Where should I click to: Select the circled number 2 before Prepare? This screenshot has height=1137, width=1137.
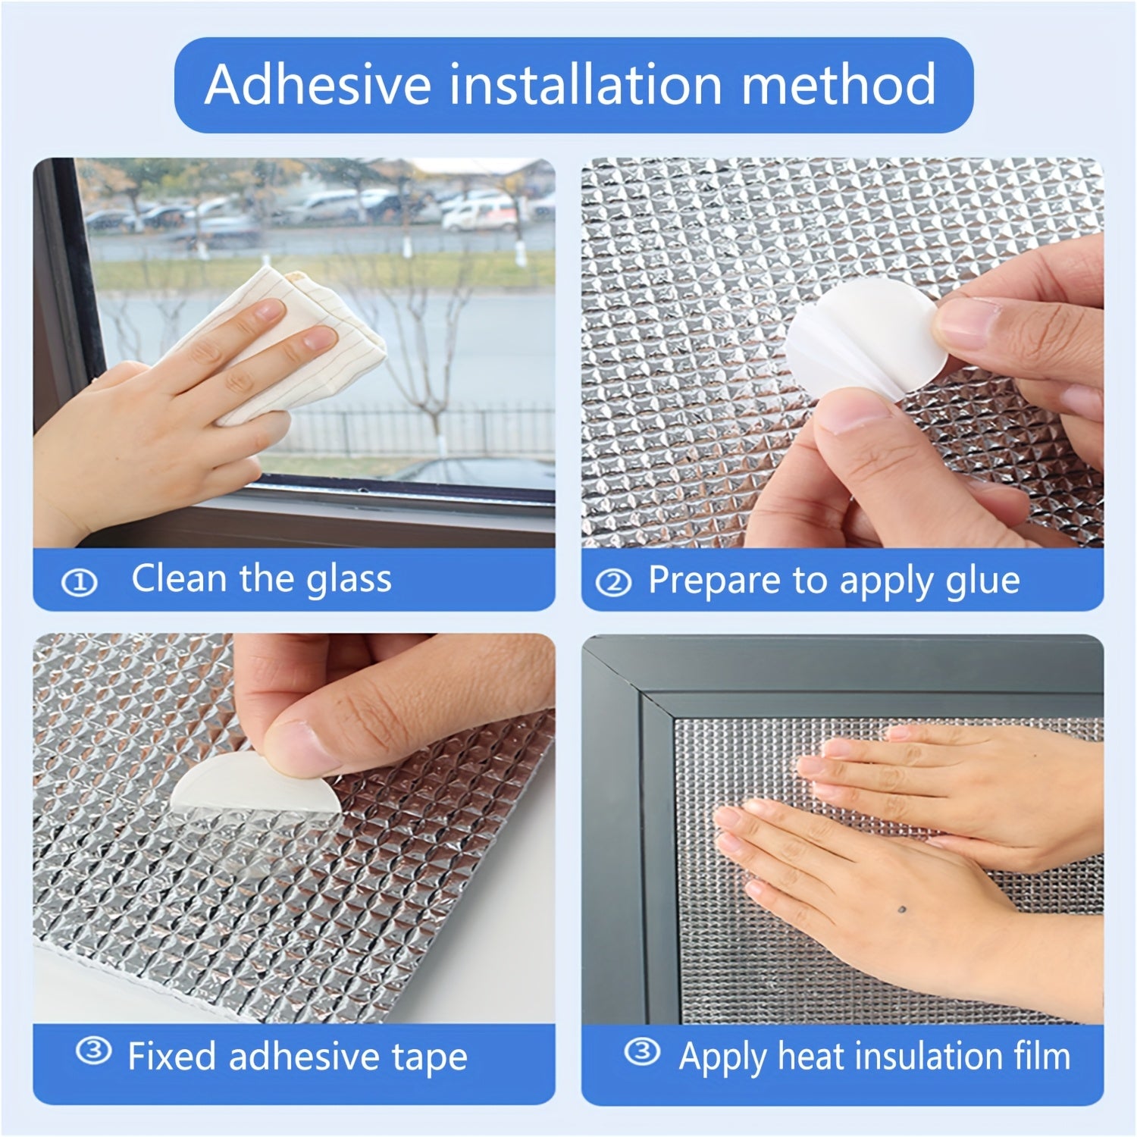(x=615, y=583)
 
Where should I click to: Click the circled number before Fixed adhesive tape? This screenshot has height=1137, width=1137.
(x=94, y=1051)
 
